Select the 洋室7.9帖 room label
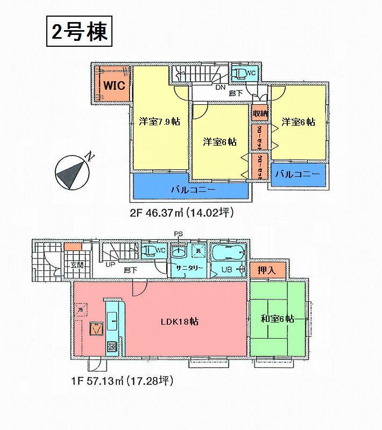click(x=159, y=121)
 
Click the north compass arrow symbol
click(x=71, y=172)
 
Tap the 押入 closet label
click(x=267, y=271)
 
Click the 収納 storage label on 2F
click(x=260, y=113)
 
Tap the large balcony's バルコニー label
click(x=193, y=190)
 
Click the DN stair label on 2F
click(x=220, y=87)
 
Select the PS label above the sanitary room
click(x=179, y=234)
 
